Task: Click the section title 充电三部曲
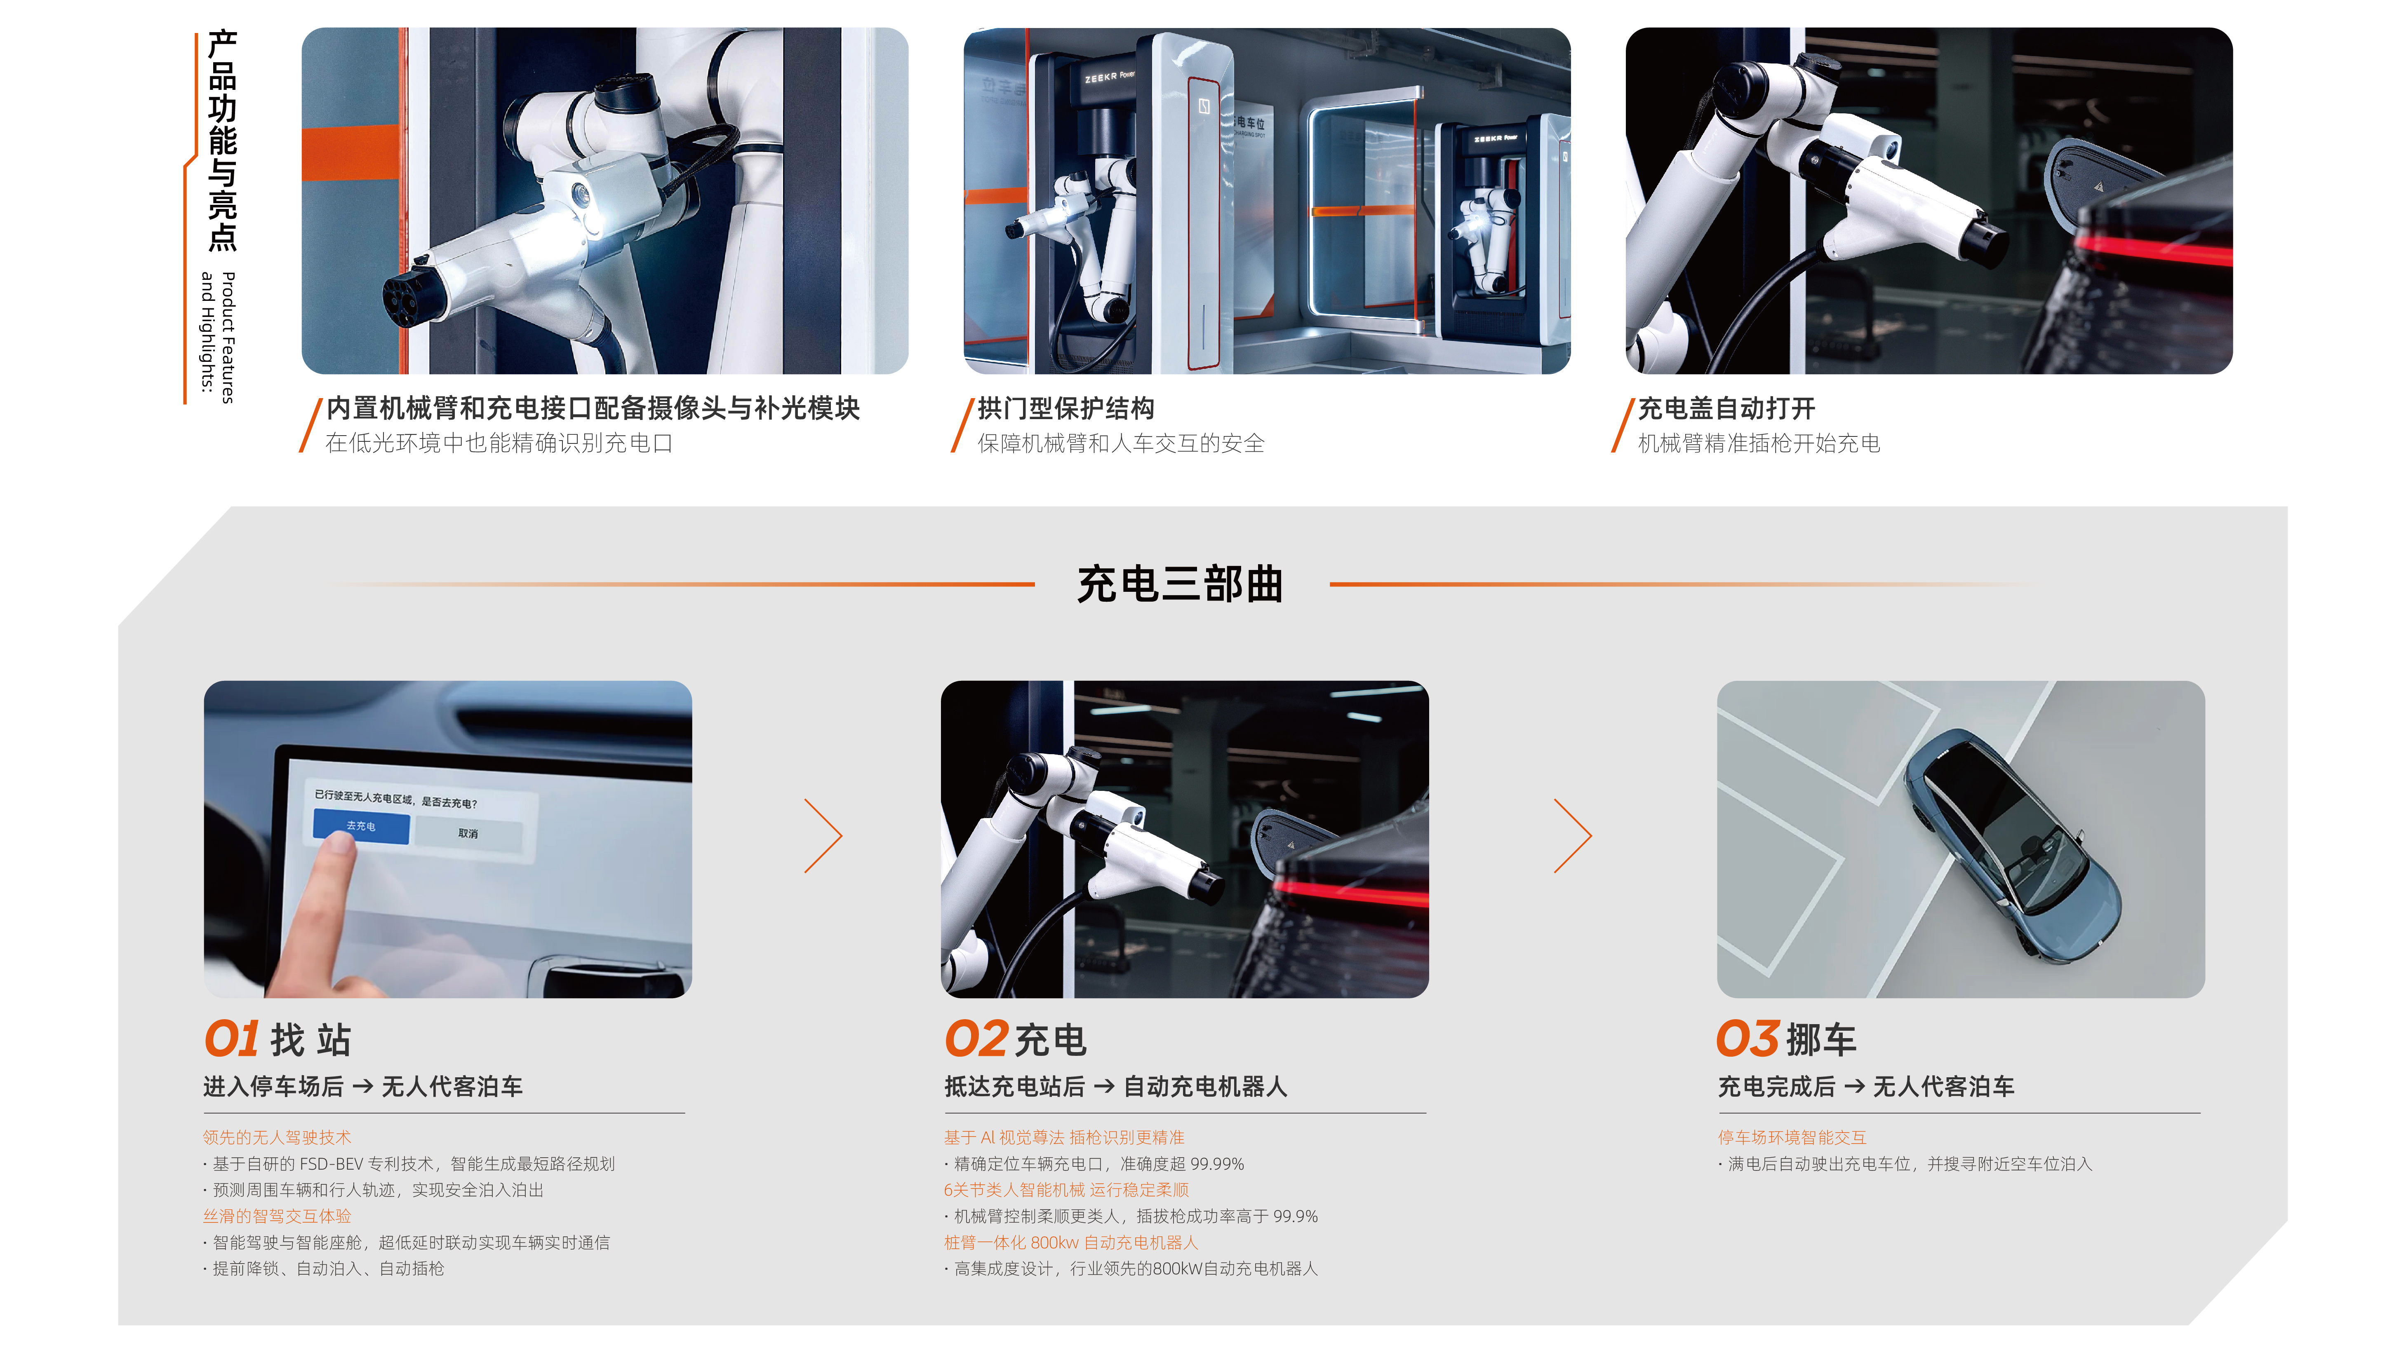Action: point(1180,584)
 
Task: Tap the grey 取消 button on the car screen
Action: point(468,833)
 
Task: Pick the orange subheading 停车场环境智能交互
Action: point(1792,1137)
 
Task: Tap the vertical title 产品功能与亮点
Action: point(222,140)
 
